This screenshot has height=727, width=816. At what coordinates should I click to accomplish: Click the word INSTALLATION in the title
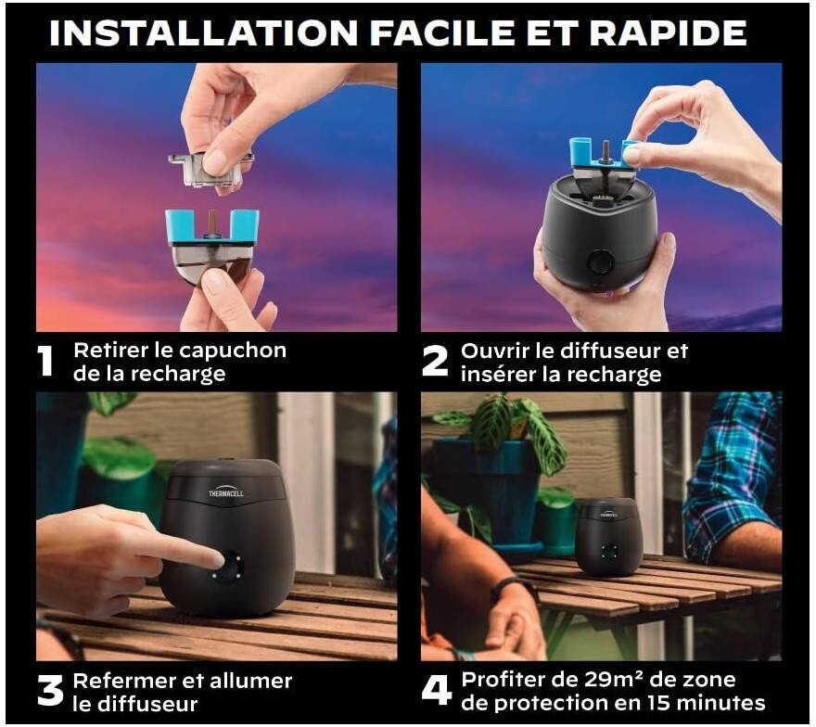(203, 33)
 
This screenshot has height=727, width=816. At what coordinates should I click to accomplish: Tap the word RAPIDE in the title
(668, 33)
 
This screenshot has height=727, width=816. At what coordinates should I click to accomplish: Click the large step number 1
(45, 361)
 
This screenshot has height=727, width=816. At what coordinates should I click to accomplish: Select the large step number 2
(435, 361)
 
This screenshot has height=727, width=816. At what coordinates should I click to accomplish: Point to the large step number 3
(50, 691)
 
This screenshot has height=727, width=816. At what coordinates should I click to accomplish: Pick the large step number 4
(436, 691)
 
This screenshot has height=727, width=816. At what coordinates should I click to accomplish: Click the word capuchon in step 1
(232, 351)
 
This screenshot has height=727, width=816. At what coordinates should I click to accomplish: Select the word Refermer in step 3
(124, 681)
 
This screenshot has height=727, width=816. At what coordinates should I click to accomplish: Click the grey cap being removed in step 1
(210, 169)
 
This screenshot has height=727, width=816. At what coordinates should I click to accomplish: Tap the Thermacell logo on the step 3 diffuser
(226, 493)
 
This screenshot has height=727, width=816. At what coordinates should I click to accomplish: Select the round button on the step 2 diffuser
(601, 261)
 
